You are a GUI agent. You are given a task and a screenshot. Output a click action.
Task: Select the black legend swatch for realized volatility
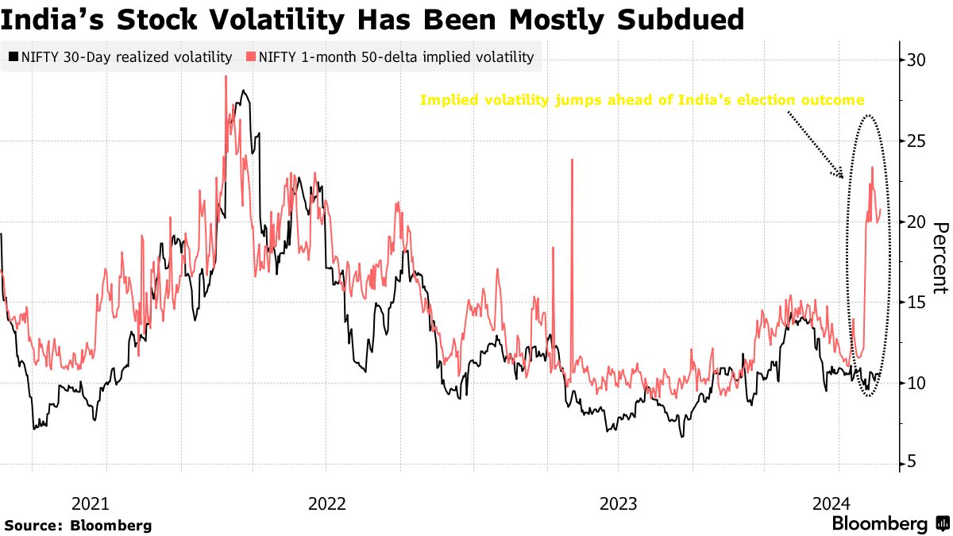(13, 56)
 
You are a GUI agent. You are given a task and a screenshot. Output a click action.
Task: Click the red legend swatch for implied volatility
(252, 56)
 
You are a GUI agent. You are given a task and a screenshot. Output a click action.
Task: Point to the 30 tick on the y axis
(918, 60)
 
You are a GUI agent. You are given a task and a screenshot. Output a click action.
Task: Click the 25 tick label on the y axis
(918, 141)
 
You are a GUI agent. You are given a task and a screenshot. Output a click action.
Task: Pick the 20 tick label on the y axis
(918, 222)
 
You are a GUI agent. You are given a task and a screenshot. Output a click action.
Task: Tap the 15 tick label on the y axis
(918, 303)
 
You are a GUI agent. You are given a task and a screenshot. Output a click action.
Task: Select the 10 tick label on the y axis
(918, 384)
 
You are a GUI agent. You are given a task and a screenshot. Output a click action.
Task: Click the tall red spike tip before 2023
(572, 160)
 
